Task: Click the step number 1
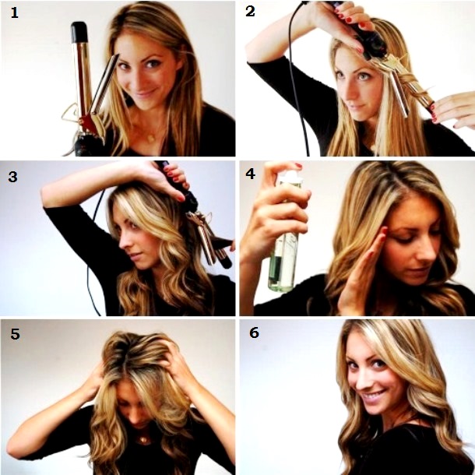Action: pyautogui.click(x=13, y=14)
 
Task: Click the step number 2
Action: pyautogui.click(x=250, y=12)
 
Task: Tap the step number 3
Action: pyautogui.click(x=12, y=176)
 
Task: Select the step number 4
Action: pyautogui.click(x=251, y=174)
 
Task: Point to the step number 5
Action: pyautogui.click(x=15, y=335)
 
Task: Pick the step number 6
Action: pyautogui.click(x=254, y=333)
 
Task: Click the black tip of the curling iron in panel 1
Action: pyautogui.click(x=79, y=32)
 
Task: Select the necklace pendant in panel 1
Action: pyautogui.click(x=148, y=138)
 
